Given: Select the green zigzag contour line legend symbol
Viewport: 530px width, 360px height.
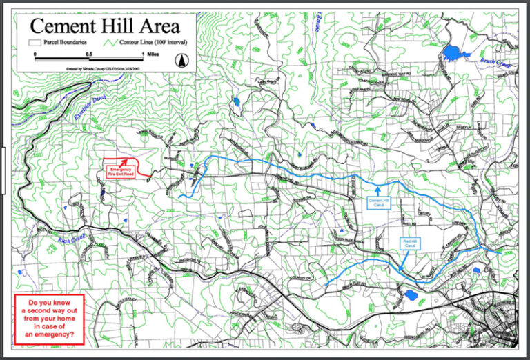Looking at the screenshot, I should click(x=115, y=41).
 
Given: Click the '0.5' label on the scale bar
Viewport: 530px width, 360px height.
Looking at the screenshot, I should click(x=89, y=53).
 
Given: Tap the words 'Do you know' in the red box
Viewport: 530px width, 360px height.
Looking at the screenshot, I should click(x=49, y=303).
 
